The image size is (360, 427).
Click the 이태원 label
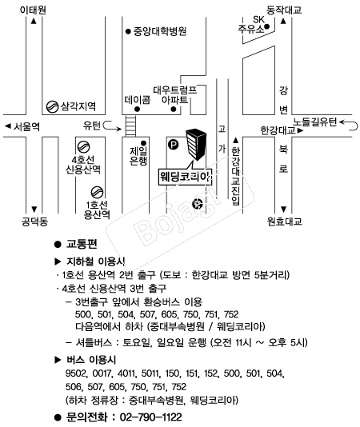33,10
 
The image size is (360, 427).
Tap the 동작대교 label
284,10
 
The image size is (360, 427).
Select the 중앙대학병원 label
160,31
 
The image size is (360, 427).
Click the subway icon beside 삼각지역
52,106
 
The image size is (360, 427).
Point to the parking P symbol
173,144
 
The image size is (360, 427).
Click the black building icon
196,145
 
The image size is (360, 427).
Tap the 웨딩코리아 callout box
185,178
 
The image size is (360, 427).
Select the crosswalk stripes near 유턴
130,126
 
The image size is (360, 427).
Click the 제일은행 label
138,156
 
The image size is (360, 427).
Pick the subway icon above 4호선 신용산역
83,147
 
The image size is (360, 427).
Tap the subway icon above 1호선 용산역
97,192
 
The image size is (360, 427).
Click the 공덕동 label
34,221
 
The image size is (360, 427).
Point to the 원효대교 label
284,221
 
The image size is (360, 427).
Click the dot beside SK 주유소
267,26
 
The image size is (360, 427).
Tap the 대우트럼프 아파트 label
174,95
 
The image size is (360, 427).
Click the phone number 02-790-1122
150,417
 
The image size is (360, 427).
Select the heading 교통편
82,244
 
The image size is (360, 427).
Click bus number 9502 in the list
76,373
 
